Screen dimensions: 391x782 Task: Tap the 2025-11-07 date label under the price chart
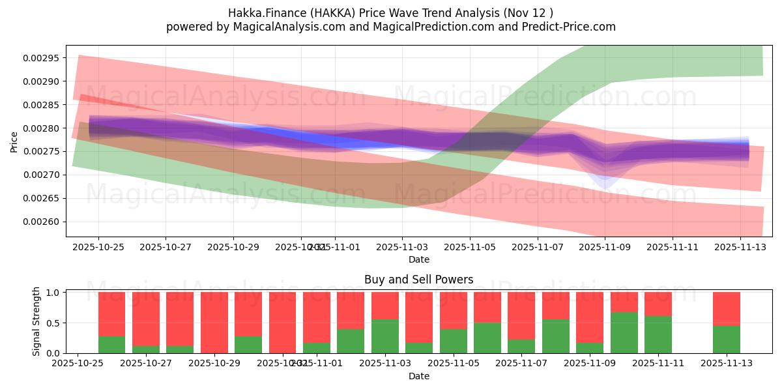click(x=537, y=248)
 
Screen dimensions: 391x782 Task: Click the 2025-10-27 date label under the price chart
click(x=166, y=248)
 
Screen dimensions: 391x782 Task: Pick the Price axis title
click(x=14, y=141)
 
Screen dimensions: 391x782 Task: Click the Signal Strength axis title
click(x=36, y=321)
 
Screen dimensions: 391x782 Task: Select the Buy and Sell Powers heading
click(x=418, y=280)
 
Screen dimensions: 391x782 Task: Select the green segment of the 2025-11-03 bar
click(x=384, y=336)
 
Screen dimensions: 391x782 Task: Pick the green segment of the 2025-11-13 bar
click(x=726, y=340)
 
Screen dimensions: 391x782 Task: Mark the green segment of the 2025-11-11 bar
click(x=658, y=334)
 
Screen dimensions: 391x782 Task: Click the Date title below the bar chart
click(x=418, y=376)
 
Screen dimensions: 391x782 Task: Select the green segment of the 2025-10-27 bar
click(x=146, y=349)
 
